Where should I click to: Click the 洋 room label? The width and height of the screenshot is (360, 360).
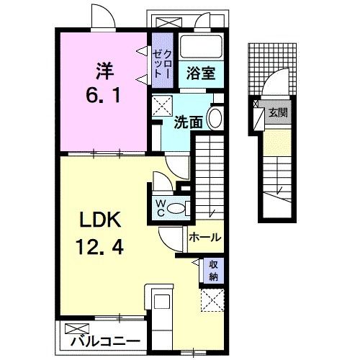[x=104, y=71]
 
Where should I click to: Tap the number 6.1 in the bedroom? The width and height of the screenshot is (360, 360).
[x=103, y=94]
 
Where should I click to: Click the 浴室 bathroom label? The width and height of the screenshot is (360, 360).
[x=199, y=73]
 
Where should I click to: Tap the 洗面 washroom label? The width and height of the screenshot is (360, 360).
[x=189, y=121]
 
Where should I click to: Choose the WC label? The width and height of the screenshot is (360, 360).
[x=159, y=207]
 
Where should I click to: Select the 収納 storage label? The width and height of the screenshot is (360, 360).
[x=214, y=270]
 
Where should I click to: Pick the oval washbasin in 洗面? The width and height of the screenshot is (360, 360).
[x=215, y=119]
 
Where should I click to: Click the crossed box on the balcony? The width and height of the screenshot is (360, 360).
[x=75, y=330]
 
